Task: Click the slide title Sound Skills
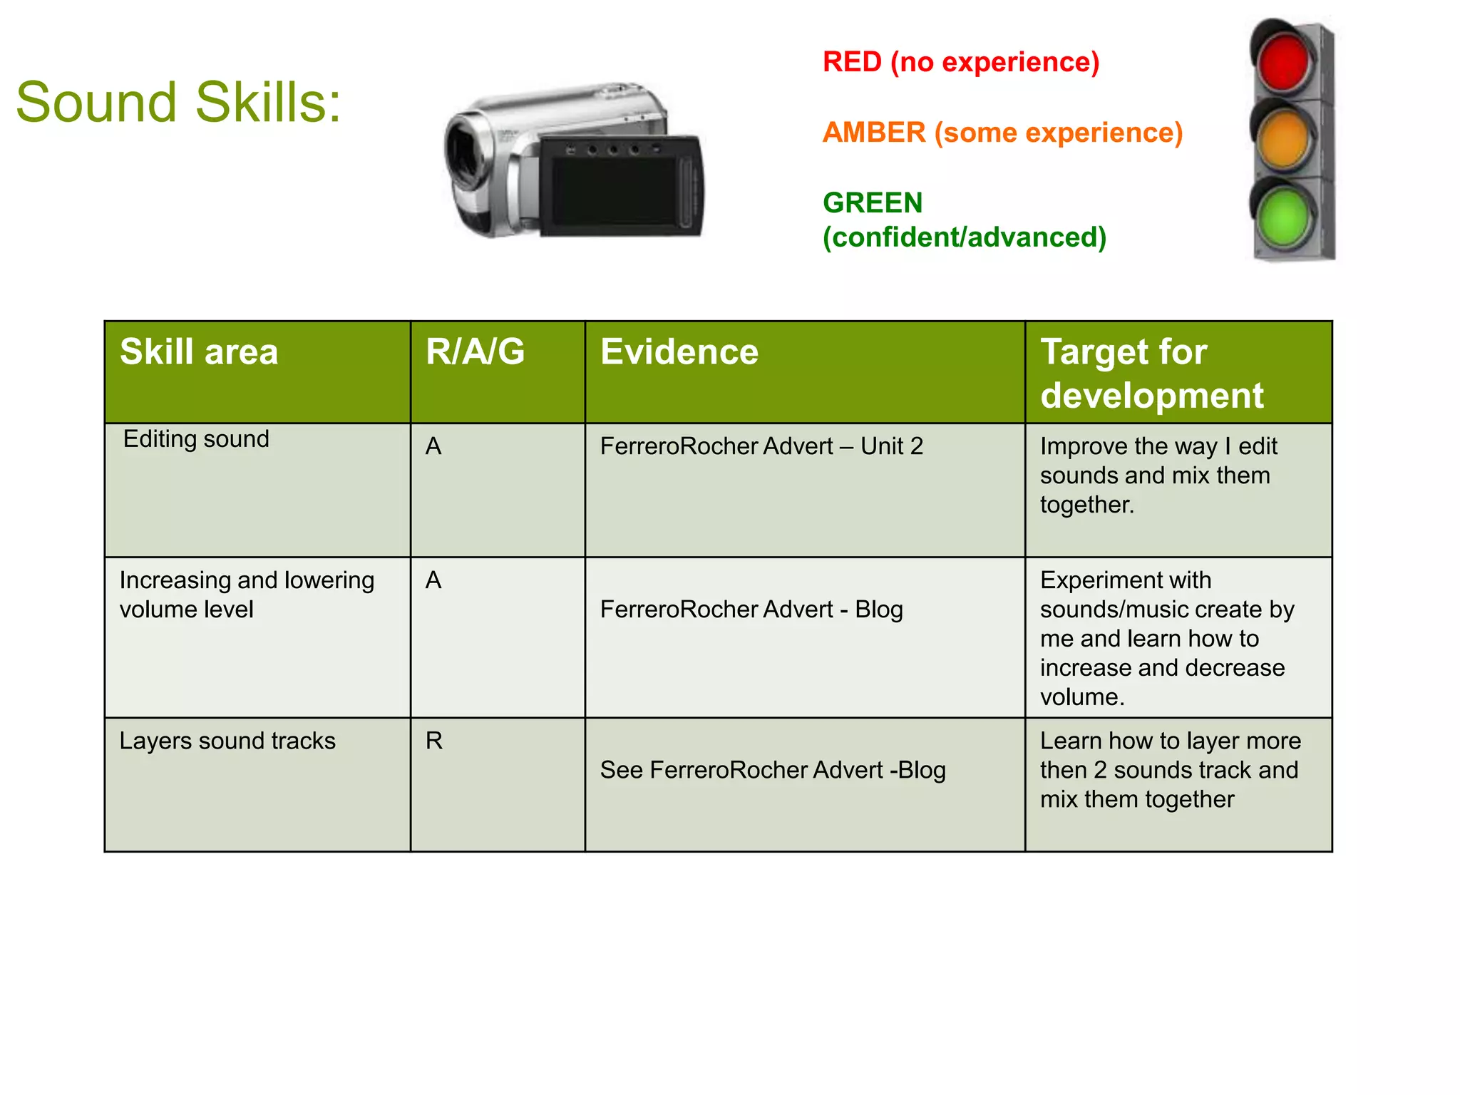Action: pos(178,103)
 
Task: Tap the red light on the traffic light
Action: pos(1284,61)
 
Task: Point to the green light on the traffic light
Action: pos(1284,216)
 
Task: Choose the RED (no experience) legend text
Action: pos(961,63)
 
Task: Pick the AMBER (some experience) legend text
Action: pos(1002,133)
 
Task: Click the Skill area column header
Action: pos(199,352)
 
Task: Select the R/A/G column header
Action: pos(475,352)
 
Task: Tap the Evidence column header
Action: pos(679,352)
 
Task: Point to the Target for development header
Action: pos(1151,374)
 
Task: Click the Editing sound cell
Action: pos(196,439)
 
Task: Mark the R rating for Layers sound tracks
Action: pos(434,741)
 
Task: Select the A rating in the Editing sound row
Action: pos(433,447)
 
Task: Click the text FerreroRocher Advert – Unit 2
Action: pos(761,447)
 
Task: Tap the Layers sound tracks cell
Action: pos(227,741)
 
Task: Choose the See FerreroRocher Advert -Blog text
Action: pos(773,771)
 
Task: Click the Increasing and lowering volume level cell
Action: pos(247,595)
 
